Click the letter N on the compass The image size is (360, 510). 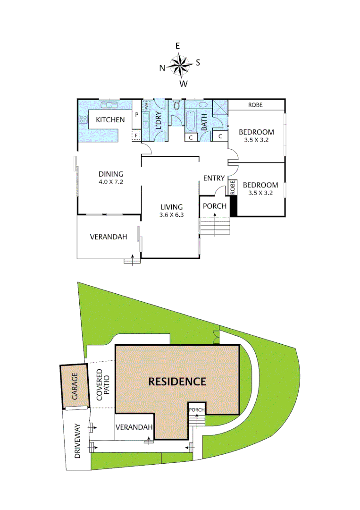[x=162, y=68]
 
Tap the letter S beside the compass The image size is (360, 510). [x=198, y=62]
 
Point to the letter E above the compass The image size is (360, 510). [x=178, y=46]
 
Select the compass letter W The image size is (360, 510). [x=184, y=84]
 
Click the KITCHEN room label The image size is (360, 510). [x=110, y=120]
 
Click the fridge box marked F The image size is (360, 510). [x=136, y=136]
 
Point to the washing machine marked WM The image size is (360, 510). [x=147, y=106]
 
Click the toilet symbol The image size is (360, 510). [x=176, y=106]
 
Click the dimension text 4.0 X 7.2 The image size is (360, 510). [x=111, y=182]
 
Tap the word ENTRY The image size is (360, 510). [x=214, y=178]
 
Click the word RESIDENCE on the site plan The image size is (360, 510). [x=177, y=382]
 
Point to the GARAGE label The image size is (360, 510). [x=74, y=387]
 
